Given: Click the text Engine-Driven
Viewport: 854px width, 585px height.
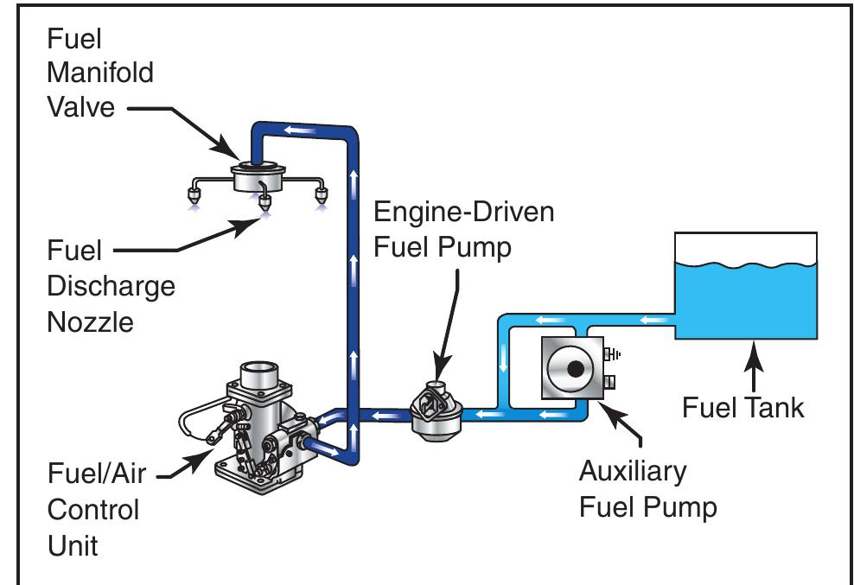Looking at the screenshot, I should click(463, 212).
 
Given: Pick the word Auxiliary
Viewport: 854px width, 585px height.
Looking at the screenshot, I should click(633, 472).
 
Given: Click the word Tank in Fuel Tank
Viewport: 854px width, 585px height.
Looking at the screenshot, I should click(775, 406).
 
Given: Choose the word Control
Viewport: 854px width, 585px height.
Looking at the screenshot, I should click(92, 509).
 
